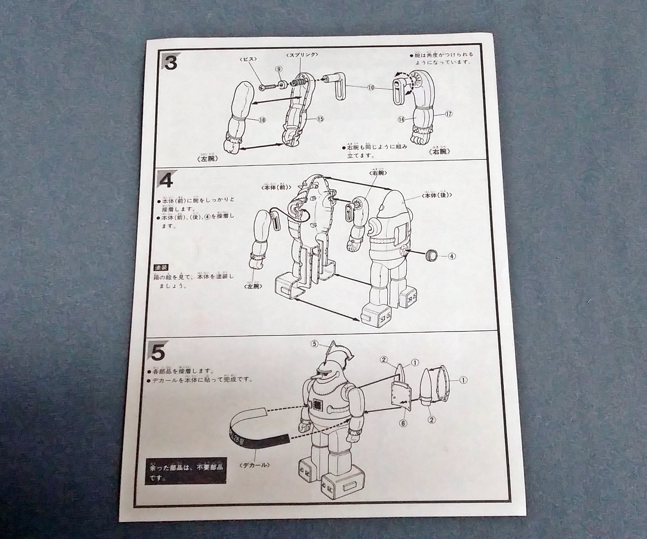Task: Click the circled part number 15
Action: (320, 119)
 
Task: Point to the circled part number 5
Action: (314, 344)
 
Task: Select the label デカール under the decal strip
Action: (254, 465)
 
